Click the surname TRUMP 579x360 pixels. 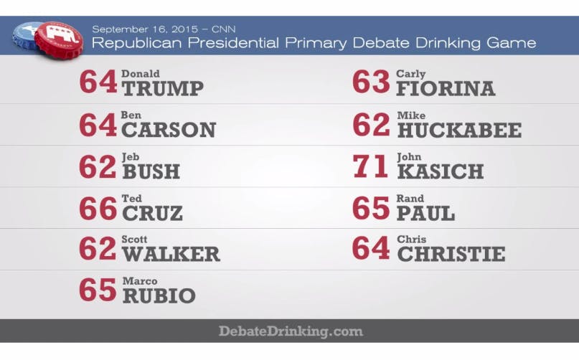click(x=162, y=89)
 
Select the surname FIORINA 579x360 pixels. click(x=446, y=89)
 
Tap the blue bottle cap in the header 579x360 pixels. click(x=27, y=33)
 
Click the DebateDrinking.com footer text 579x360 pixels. click(x=291, y=331)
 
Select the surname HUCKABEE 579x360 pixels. click(x=458, y=131)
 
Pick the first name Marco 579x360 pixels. click(x=139, y=281)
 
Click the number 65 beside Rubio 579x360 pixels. click(x=98, y=290)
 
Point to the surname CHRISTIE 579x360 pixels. click(x=451, y=255)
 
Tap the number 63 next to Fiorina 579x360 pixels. click(x=370, y=82)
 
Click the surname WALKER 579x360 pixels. click(x=171, y=255)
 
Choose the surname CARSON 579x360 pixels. click(x=169, y=131)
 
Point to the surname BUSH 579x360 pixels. click(x=151, y=172)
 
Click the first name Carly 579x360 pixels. click(x=411, y=74)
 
